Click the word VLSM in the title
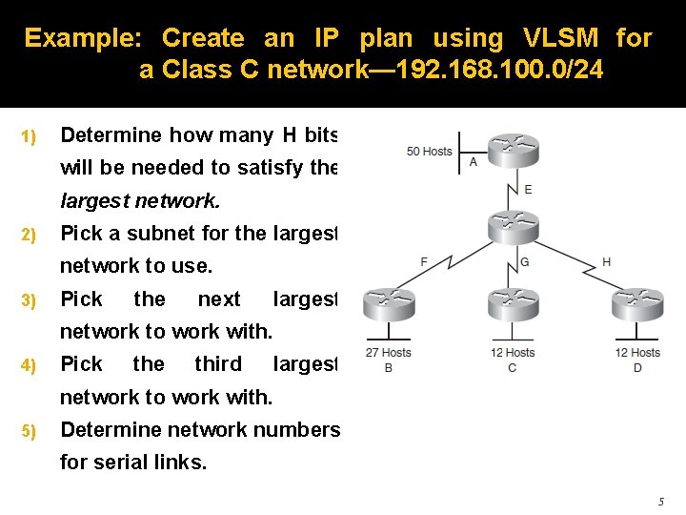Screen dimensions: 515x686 pos(560,38)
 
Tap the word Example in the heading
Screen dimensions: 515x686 pos(83,38)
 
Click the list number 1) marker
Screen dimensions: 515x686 pos(29,136)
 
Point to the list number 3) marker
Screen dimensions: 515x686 pos(29,300)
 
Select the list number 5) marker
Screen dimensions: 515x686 pos(29,431)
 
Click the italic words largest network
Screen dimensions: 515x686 pos(139,202)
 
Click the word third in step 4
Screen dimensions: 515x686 pos(218,364)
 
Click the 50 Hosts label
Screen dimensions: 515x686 pos(429,151)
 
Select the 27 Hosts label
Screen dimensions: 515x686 pos(389,353)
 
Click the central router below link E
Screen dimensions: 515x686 pos(514,226)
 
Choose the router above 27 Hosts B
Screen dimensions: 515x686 pos(389,304)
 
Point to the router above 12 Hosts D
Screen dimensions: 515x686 pos(637,304)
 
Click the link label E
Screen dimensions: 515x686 pos(529,190)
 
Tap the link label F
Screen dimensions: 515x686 pos(424,261)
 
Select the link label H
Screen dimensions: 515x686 pos(607,261)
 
